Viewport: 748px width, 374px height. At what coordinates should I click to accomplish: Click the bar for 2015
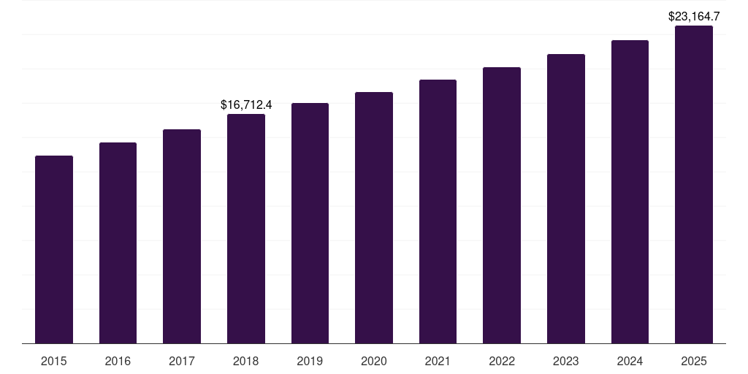point(54,249)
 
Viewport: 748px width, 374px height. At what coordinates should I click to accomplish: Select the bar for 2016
point(118,243)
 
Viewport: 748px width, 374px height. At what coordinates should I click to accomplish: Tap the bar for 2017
point(182,236)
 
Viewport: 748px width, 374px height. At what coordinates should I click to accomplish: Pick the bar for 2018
point(246,229)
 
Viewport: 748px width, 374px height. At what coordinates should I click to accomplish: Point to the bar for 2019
point(310,223)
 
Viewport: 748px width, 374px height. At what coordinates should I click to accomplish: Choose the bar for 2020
point(374,218)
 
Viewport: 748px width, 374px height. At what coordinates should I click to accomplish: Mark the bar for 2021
point(438,211)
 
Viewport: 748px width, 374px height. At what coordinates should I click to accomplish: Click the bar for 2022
point(502,205)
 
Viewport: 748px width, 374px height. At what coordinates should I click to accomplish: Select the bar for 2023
point(566,199)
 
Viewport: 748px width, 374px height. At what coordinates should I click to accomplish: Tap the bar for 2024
point(630,191)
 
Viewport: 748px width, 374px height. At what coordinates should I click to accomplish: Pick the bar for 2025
point(694,184)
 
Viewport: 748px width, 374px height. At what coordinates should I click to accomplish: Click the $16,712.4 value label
point(246,105)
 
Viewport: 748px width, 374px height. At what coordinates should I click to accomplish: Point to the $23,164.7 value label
point(694,16)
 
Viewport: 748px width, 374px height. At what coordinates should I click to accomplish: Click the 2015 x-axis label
point(54,361)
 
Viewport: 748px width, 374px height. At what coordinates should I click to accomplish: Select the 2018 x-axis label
point(246,361)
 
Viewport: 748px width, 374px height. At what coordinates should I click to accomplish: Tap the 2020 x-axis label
point(374,361)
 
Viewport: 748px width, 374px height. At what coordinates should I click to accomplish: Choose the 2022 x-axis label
point(502,361)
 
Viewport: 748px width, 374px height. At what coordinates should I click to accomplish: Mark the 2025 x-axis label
point(694,361)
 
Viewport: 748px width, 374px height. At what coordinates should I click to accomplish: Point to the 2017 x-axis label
point(182,361)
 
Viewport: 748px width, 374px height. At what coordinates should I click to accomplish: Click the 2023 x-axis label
point(566,361)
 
